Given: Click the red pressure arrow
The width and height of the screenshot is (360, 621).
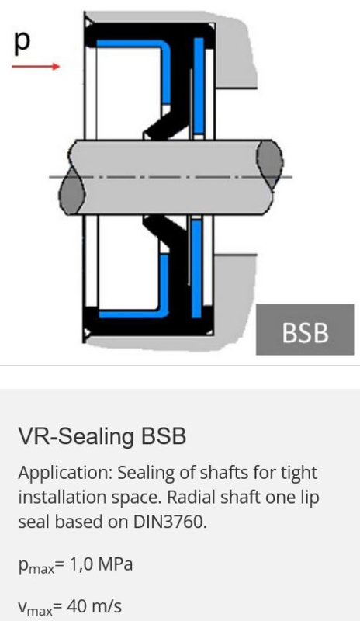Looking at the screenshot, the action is pyautogui.click(x=36, y=66).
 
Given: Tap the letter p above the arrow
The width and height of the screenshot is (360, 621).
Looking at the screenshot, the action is pyautogui.click(x=22, y=41).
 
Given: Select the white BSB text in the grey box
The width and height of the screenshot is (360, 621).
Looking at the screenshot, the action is pyautogui.click(x=305, y=333).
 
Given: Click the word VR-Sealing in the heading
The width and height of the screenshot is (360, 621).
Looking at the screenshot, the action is pyautogui.click(x=75, y=436).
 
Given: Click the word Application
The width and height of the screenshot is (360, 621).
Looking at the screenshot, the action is pyautogui.click(x=65, y=474).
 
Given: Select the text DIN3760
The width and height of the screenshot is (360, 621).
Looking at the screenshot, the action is pyautogui.click(x=170, y=522).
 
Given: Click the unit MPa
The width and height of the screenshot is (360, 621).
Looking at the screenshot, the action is pyautogui.click(x=116, y=564).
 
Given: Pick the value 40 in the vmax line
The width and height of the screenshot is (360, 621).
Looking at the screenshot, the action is pyautogui.click(x=77, y=606).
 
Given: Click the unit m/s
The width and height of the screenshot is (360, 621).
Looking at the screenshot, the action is pyautogui.click(x=106, y=606).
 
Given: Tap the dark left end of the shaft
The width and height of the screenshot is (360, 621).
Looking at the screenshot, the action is pyautogui.click(x=72, y=190).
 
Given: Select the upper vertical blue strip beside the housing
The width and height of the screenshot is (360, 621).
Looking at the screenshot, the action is pyautogui.click(x=199, y=85).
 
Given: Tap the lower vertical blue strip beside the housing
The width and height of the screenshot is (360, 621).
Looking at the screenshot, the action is pyautogui.click(x=196, y=269).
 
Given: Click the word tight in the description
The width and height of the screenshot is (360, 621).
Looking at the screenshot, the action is pyautogui.click(x=299, y=474).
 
